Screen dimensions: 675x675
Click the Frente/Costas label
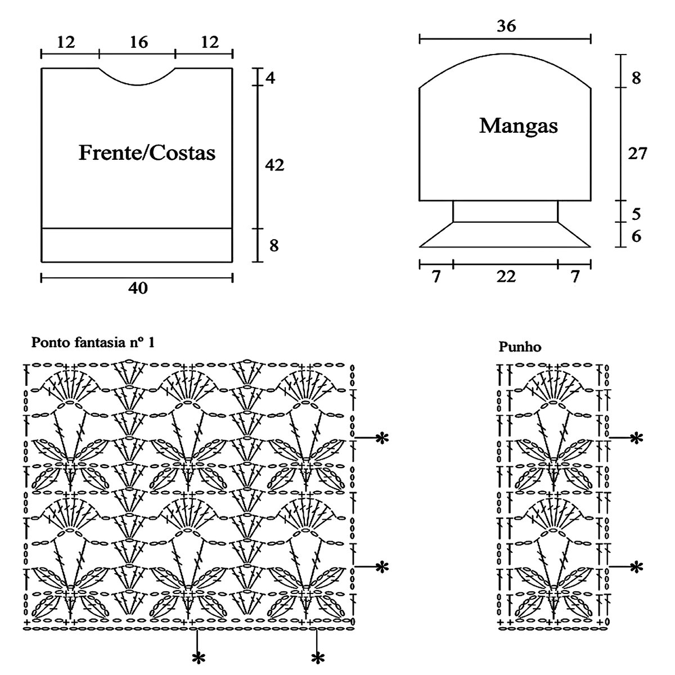[x=147, y=152]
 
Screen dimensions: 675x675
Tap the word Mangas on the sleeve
[x=518, y=125]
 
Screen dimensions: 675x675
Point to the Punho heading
[x=520, y=347]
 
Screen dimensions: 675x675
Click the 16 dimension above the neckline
[x=138, y=42]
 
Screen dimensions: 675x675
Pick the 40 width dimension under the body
[x=138, y=288]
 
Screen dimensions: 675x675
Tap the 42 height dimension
[x=274, y=165]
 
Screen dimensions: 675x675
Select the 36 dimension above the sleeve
[x=506, y=26]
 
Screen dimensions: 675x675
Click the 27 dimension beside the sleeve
[x=637, y=153]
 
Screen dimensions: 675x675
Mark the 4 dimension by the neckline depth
[x=271, y=78]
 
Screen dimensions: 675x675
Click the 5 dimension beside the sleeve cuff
[x=636, y=214]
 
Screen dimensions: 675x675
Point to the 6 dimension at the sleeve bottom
[x=636, y=236]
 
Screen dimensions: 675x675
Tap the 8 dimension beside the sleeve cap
[x=636, y=78]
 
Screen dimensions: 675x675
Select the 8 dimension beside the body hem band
[x=273, y=246]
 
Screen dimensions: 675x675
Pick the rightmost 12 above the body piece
[x=206, y=42]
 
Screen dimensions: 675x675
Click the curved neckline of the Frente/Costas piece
[x=138, y=84]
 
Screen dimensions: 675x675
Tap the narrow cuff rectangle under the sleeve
[x=505, y=211]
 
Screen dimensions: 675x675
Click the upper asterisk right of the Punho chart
[x=636, y=438]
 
